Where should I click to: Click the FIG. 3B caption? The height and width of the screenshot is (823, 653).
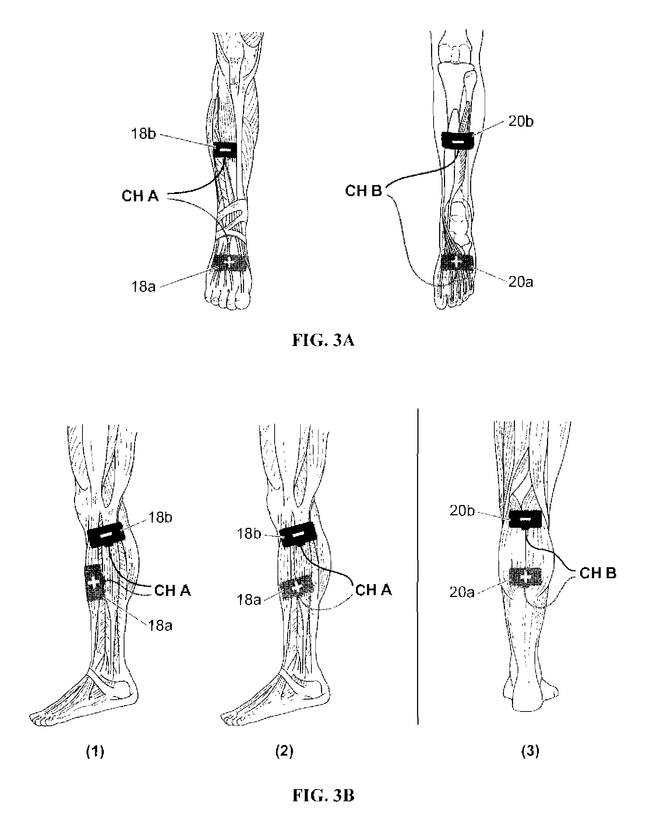[x=323, y=795]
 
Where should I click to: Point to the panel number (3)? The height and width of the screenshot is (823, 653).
[x=530, y=751]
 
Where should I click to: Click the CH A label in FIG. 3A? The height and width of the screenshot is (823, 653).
[x=140, y=196]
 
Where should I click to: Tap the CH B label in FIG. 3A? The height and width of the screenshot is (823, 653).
[x=363, y=191]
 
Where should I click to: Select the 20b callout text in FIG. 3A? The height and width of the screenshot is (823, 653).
[x=520, y=121]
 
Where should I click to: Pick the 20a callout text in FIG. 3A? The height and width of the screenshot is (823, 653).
[x=520, y=282]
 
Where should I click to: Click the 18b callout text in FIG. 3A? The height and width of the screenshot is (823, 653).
[x=144, y=134]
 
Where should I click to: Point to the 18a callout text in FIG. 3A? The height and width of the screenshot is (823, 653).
[x=144, y=287]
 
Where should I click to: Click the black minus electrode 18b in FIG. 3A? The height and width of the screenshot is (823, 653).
[x=225, y=150]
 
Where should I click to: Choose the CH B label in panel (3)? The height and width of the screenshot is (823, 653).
[x=598, y=573]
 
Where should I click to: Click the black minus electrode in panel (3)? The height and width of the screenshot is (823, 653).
[x=526, y=519]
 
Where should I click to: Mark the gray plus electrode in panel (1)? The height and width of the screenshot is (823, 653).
[x=94, y=583]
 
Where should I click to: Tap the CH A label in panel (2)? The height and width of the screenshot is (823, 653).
[x=373, y=590]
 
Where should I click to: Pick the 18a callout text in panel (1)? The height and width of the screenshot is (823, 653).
[x=160, y=626]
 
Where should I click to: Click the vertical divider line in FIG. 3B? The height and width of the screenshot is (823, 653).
[x=418, y=566]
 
